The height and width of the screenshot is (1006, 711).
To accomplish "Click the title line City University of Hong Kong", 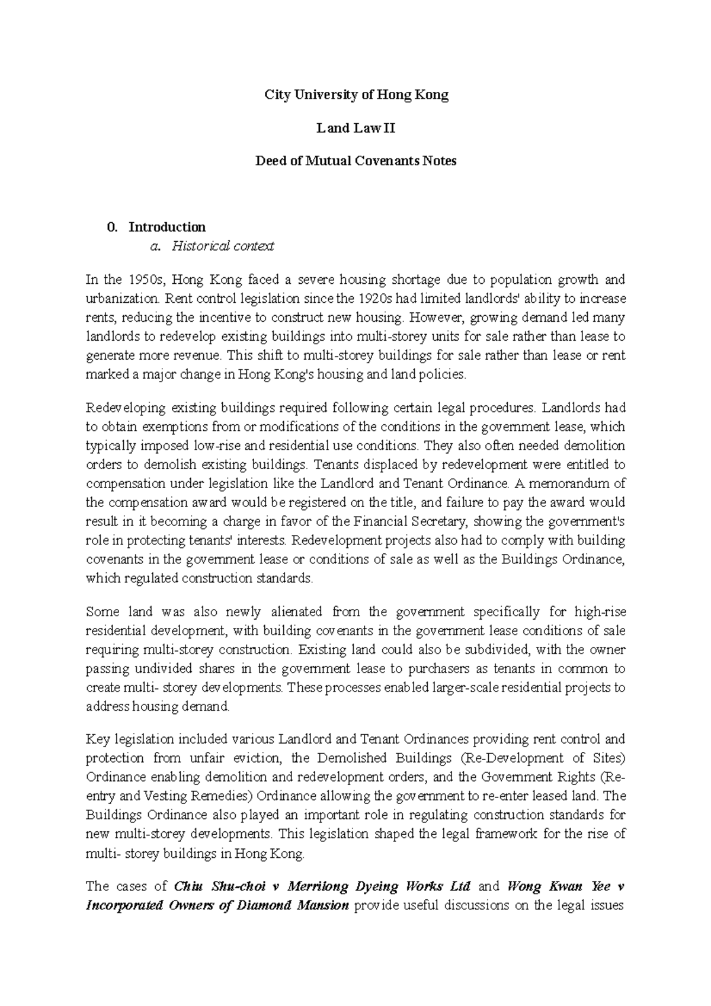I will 356,95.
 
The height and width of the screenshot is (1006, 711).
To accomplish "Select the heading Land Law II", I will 355,128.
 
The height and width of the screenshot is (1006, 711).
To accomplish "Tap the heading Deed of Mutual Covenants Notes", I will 355,161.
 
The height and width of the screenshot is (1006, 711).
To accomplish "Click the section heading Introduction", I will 167,227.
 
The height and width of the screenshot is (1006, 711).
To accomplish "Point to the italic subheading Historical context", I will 222,246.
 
